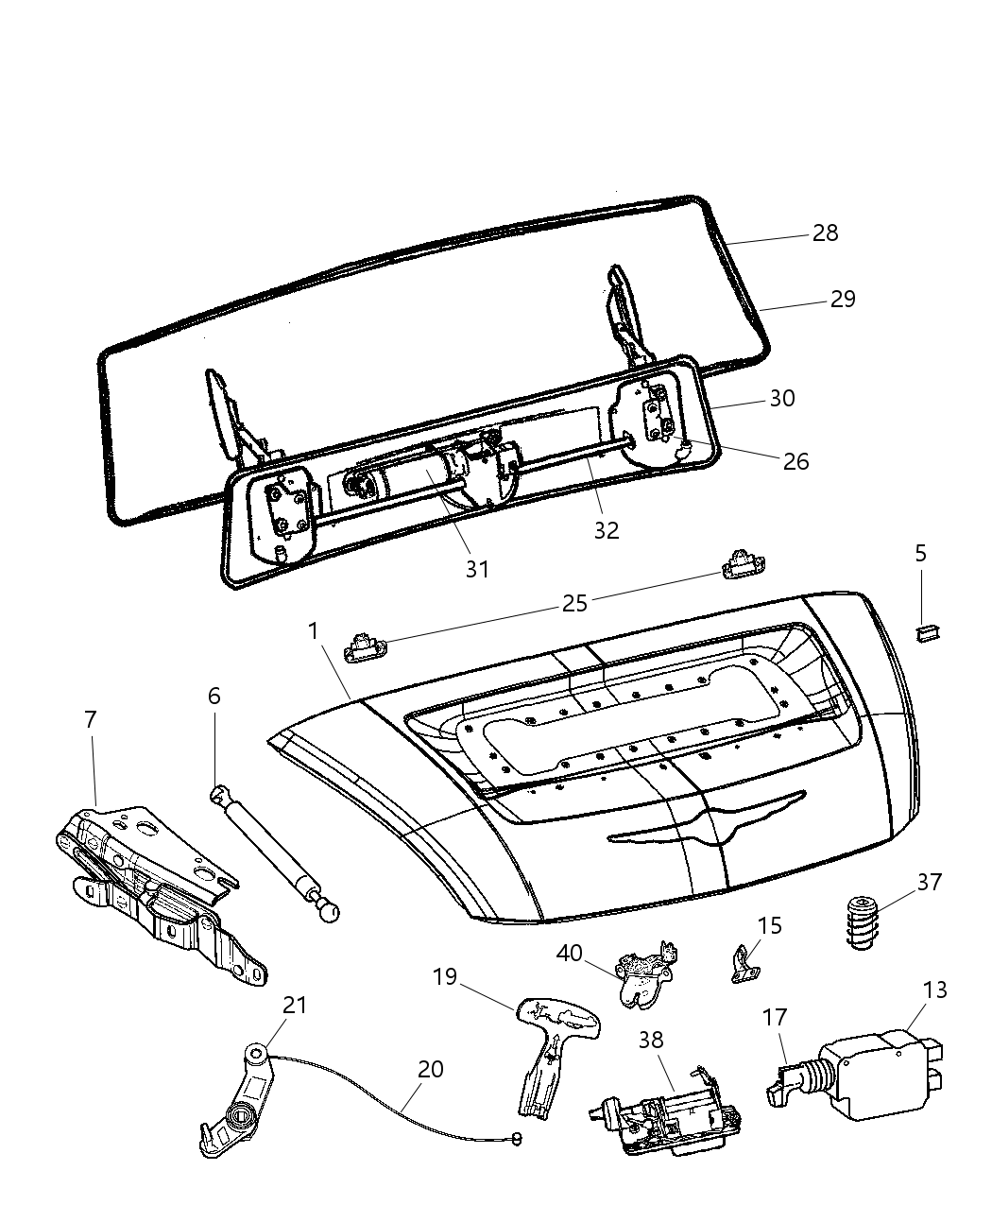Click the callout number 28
825,233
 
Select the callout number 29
842,300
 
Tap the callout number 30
781,399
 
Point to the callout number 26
795,461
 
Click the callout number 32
606,530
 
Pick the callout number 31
477,569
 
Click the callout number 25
575,603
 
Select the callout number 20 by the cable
430,1070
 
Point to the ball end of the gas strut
329,911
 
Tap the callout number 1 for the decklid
312,630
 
